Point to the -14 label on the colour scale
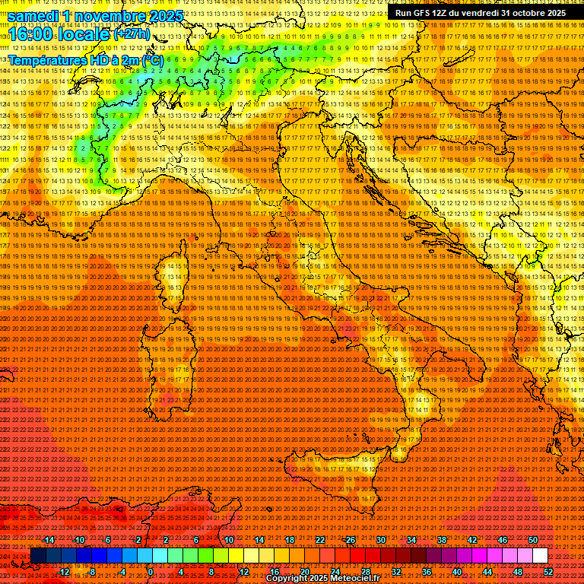tap(49, 539)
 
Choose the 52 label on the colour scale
tap(547, 571)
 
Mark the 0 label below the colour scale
tap(151, 571)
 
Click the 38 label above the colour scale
tap(441, 539)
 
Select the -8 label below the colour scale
tap(91, 571)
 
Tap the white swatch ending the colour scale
tap(540, 555)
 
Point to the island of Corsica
tap(173, 283)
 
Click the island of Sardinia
tap(173, 365)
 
